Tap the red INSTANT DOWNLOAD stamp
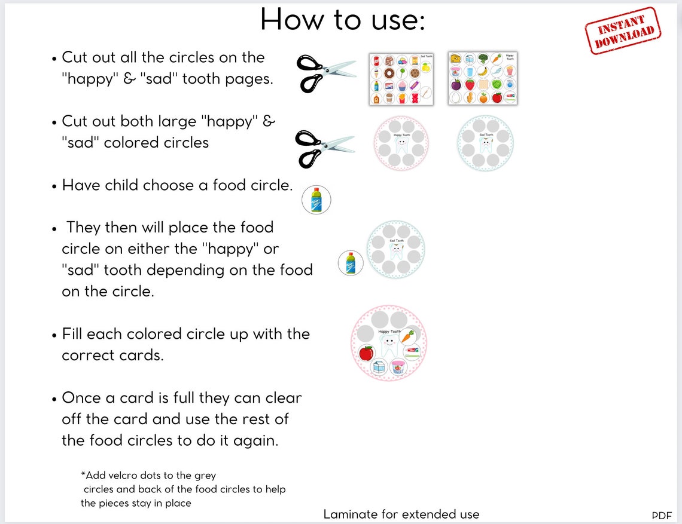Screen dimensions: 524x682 tap(623, 30)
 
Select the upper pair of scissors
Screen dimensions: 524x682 tap(325, 73)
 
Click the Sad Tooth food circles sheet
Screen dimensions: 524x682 tap(401, 79)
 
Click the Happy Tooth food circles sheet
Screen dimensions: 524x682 tap(482, 78)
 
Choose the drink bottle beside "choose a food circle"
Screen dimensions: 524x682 tap(316, 200)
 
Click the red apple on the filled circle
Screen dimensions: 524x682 tap(366, 353)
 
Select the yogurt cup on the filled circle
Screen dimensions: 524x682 tap(398, 367)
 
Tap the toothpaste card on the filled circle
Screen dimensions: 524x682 tap(412, 353)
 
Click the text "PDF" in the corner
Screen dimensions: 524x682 tap(662, 515)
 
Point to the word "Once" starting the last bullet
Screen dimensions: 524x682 tap(82, 398)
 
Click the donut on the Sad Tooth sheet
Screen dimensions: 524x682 tap(389, 73)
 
